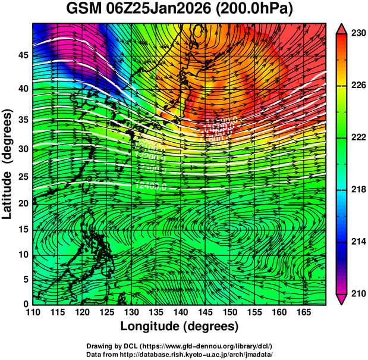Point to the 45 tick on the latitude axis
point(24,55)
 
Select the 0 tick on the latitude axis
point(26,304)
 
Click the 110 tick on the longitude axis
point(33,312)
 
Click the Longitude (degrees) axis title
point(180,326)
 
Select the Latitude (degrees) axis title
point(8,164)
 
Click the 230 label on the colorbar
point(357,34)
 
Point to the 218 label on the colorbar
point(357,190)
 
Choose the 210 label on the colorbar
point(357,293)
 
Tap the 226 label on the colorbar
point(357,86)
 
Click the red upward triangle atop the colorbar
point(341,29)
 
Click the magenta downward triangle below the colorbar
point(341,299)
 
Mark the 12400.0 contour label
point(150,186)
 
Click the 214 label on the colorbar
point(357,242)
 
